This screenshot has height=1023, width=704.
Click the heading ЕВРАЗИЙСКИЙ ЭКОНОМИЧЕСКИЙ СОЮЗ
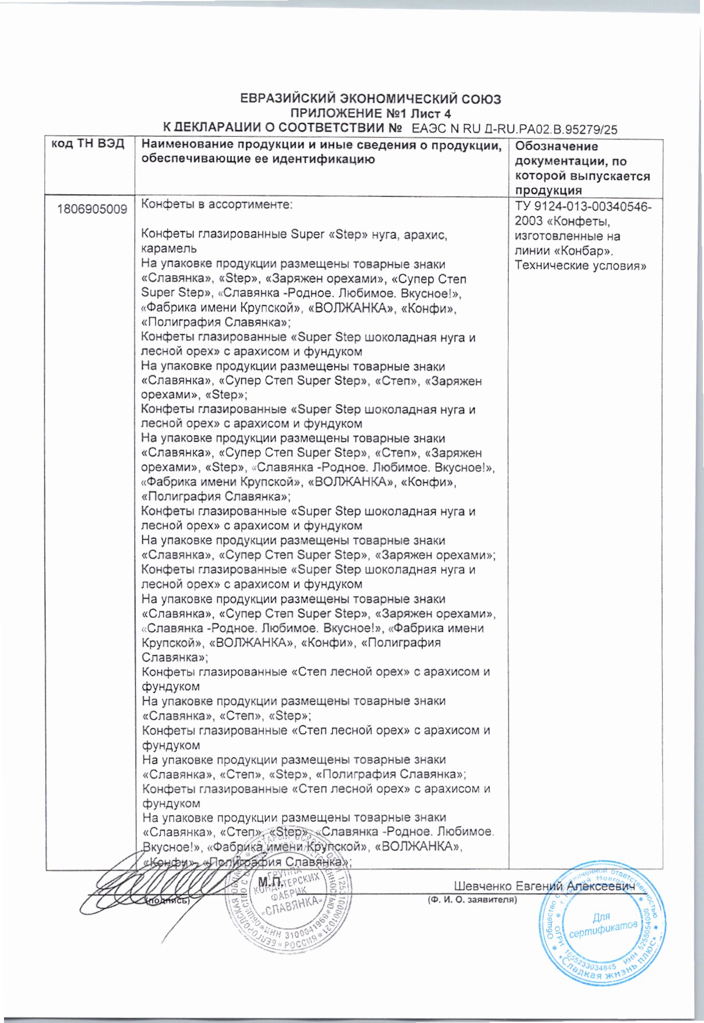[370, 99]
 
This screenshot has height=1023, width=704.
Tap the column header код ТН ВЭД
[89, 144]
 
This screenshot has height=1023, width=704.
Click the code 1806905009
[92, 209]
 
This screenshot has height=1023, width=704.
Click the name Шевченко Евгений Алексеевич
[544, 886]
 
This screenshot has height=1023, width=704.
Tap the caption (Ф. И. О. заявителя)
[472, 900]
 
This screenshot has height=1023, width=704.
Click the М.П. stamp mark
[270, 882]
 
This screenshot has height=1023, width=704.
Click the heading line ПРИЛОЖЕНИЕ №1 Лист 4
[371, 113]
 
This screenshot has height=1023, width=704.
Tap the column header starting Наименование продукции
[321, 152]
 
